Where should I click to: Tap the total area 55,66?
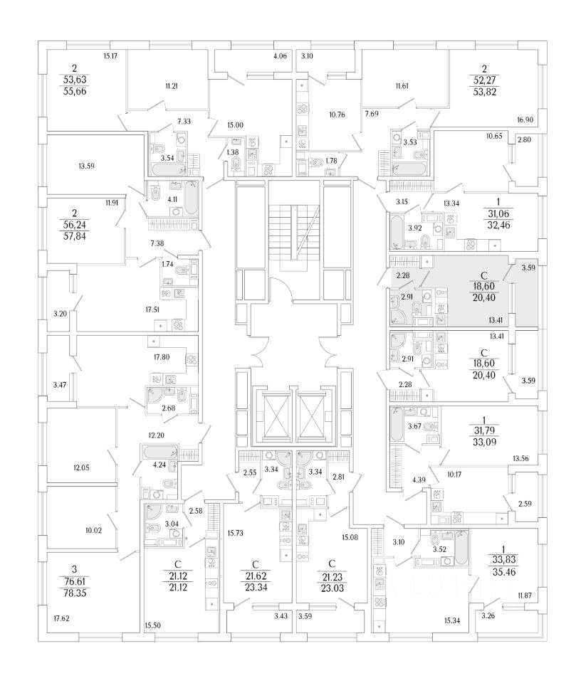pyautogui.click(x=74, y=92)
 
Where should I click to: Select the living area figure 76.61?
pyautogui.click(x=74, y=581)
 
